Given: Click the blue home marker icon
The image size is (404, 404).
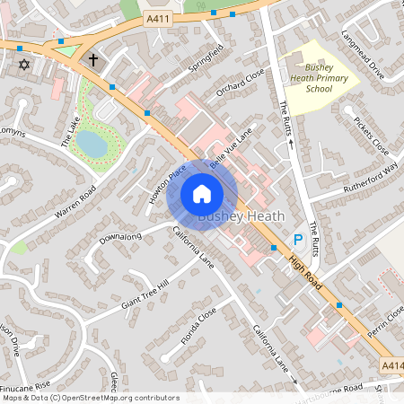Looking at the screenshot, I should pos(202,193).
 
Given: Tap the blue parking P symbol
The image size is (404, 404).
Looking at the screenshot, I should pos(298,240).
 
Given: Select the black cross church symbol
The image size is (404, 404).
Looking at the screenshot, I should pos(92,59).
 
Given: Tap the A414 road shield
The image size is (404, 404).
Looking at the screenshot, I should pos(392,365).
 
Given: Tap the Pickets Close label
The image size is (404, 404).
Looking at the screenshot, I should pos(370,135).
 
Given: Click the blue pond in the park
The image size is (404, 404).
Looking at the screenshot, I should pos(91,142).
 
